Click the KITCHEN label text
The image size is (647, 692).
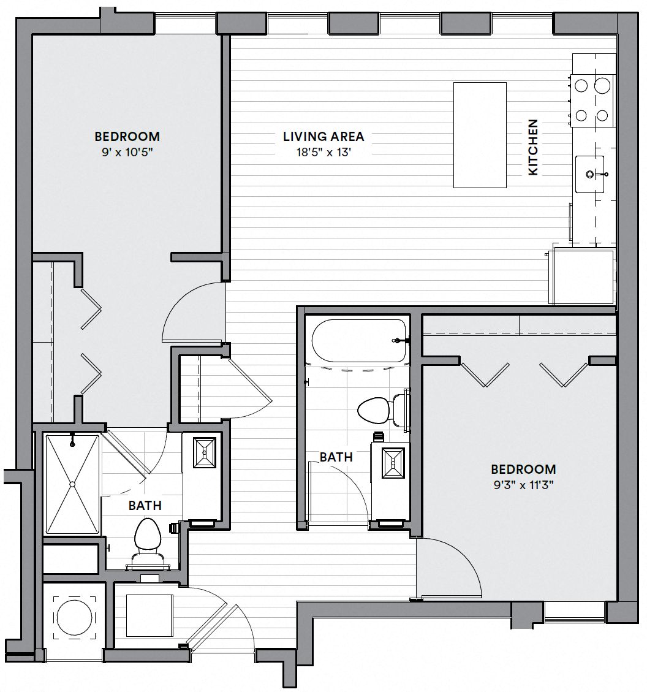click(x=533, y=147)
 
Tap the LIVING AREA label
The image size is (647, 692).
click(x=323, y=136)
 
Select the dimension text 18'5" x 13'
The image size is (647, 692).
click(x=323, y=153)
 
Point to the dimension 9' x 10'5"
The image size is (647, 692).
click(x=127, y=153)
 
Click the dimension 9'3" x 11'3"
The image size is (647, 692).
click(x=523, y=485)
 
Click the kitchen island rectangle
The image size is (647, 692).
click(x=480, y=135)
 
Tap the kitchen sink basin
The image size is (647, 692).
click(x=589, y=174)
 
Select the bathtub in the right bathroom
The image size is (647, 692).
click(x=358, y=341)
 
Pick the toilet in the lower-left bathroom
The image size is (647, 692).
click(x=147, y=542)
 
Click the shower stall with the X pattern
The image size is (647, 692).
click(x=73, y=484)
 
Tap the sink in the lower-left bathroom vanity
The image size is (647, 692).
click(x=205, y=452)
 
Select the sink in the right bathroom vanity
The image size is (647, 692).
click(x=393, y=463)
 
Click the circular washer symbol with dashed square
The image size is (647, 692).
click(x=75, y=618)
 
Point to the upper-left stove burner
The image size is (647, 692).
click(x=581, y=85)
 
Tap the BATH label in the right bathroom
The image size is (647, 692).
click(x=336, y=457)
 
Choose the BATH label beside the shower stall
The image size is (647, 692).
click(x=145, y=505)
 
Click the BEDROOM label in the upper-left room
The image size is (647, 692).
click(x=127, y=136)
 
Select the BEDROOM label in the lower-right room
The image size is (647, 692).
click(x=523, y=469)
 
